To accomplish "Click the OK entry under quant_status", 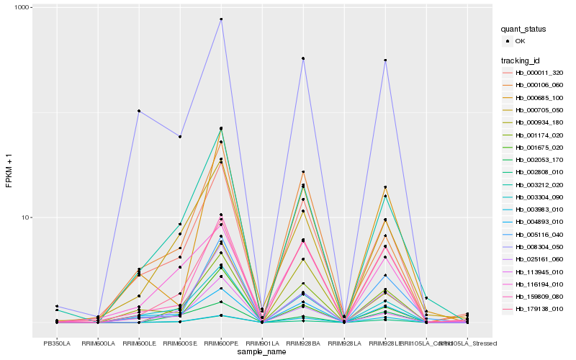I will click(526, 41).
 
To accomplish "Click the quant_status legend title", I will click(523, 30).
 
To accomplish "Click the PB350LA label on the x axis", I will click(57, 343).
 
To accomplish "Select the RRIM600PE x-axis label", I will click(221, 343).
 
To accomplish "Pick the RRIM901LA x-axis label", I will click(262, 343).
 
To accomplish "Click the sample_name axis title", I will click(262, 352).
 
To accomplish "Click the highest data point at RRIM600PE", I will click(221, 19).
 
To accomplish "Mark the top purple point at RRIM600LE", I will click(139, 111).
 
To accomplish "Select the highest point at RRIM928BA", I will click(303, 58).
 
